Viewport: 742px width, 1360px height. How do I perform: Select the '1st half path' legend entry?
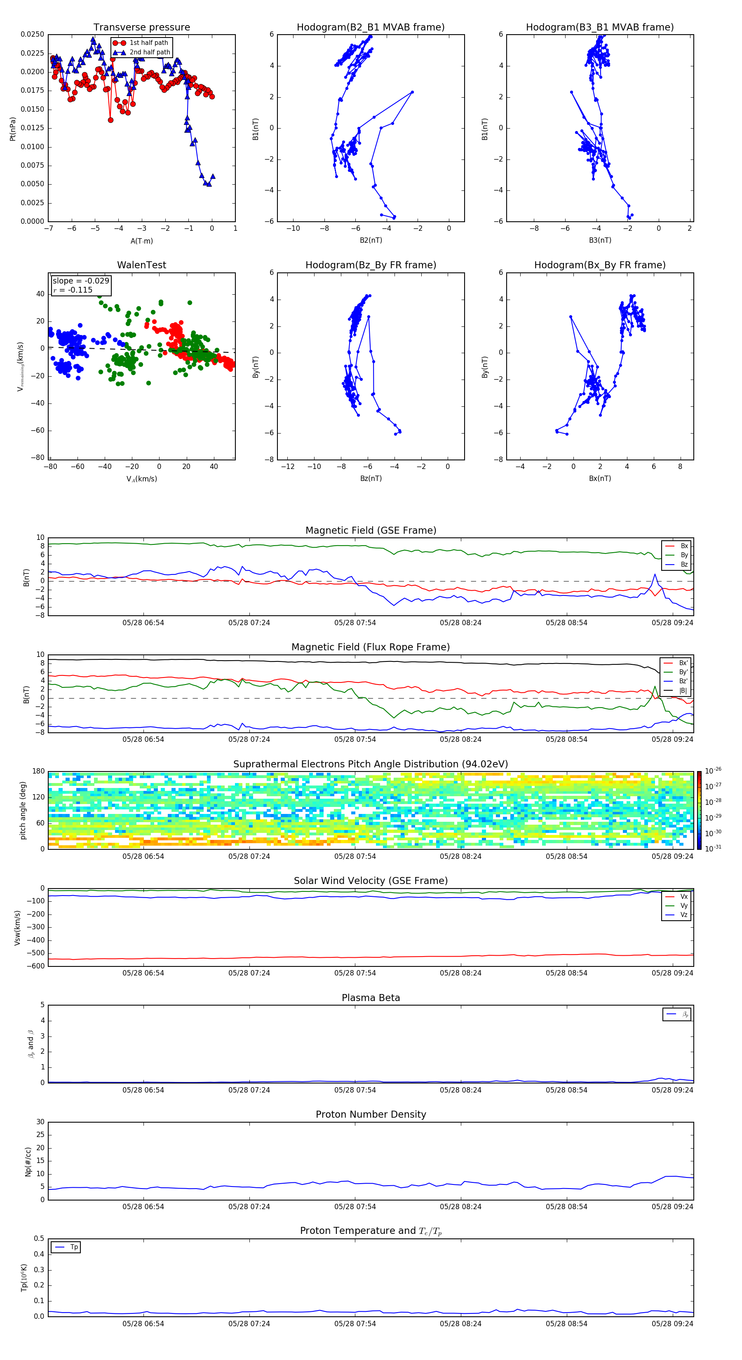[x=148, y=43]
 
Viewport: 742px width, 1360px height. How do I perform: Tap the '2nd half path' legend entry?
[x=150, y=52]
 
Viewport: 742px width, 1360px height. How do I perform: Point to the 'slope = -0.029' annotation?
[x=81, y=281]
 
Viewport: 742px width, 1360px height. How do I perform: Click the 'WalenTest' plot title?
[x=141, y=265]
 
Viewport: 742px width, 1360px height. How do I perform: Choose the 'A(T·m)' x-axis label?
[x=141, y=241]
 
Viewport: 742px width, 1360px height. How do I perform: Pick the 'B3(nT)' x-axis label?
[x=600, y=240]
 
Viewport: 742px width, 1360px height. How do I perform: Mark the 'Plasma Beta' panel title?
[x=371, y=998]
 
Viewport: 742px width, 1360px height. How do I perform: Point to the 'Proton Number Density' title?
[x=371, y=1114]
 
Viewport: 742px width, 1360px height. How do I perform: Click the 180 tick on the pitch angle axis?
[x=39, y=771]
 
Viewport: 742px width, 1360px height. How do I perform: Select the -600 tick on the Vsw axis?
[x=38, y=966]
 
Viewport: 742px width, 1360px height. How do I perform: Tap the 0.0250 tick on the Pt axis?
[x=32, y=34]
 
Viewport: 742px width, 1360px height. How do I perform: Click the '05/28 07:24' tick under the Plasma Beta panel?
[x=249, y=1090]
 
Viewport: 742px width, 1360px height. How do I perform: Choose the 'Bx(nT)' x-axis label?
[x=600, y=478]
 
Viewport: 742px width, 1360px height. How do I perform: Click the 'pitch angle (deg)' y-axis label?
[x=23, y=810]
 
